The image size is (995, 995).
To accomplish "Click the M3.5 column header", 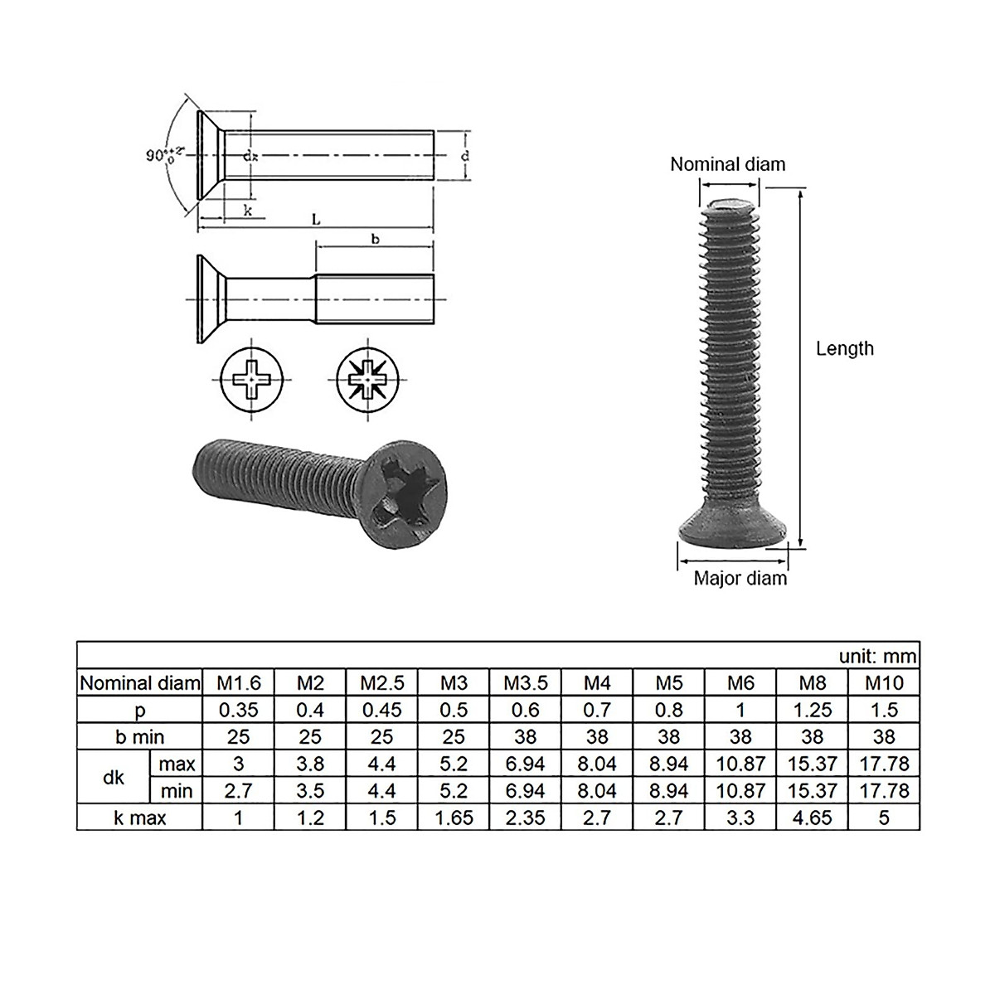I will pyautogui.click(x=526, y=682).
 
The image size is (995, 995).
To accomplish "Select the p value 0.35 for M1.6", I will pyautogui.click(x=238, y=710).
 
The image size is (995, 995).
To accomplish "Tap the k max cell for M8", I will pyautogui.click(x=812, y=818).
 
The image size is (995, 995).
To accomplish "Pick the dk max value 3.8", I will pyautogui.click(x=309, y=764).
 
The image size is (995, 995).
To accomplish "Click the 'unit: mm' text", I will pyautogui.click(x=877, y=656).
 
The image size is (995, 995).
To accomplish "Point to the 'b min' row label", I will pyautogui.click(x=139, y=737).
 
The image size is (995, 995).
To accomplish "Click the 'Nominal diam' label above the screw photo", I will pyautogui.click(x=727, y=164).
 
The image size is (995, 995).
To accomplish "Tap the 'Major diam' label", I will pyautogui.click(x=740, y=578).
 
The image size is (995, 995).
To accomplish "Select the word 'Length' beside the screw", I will pyautogui.click(x=844, y=348).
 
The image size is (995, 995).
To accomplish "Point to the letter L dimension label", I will pyautogui.click(x=316, y=219).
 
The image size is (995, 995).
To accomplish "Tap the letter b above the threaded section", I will pyautogui.click(x=375, y=239).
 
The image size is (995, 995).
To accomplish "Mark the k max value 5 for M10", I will pyautogui.click(x=884, y=818).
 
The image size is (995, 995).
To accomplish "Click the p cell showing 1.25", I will pyautogui.click(x=812, y=710).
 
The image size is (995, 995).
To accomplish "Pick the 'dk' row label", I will pyautogui.click(x=114, y=777).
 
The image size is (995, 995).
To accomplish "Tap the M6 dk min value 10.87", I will pyautogui.click(x=740, y=790).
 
